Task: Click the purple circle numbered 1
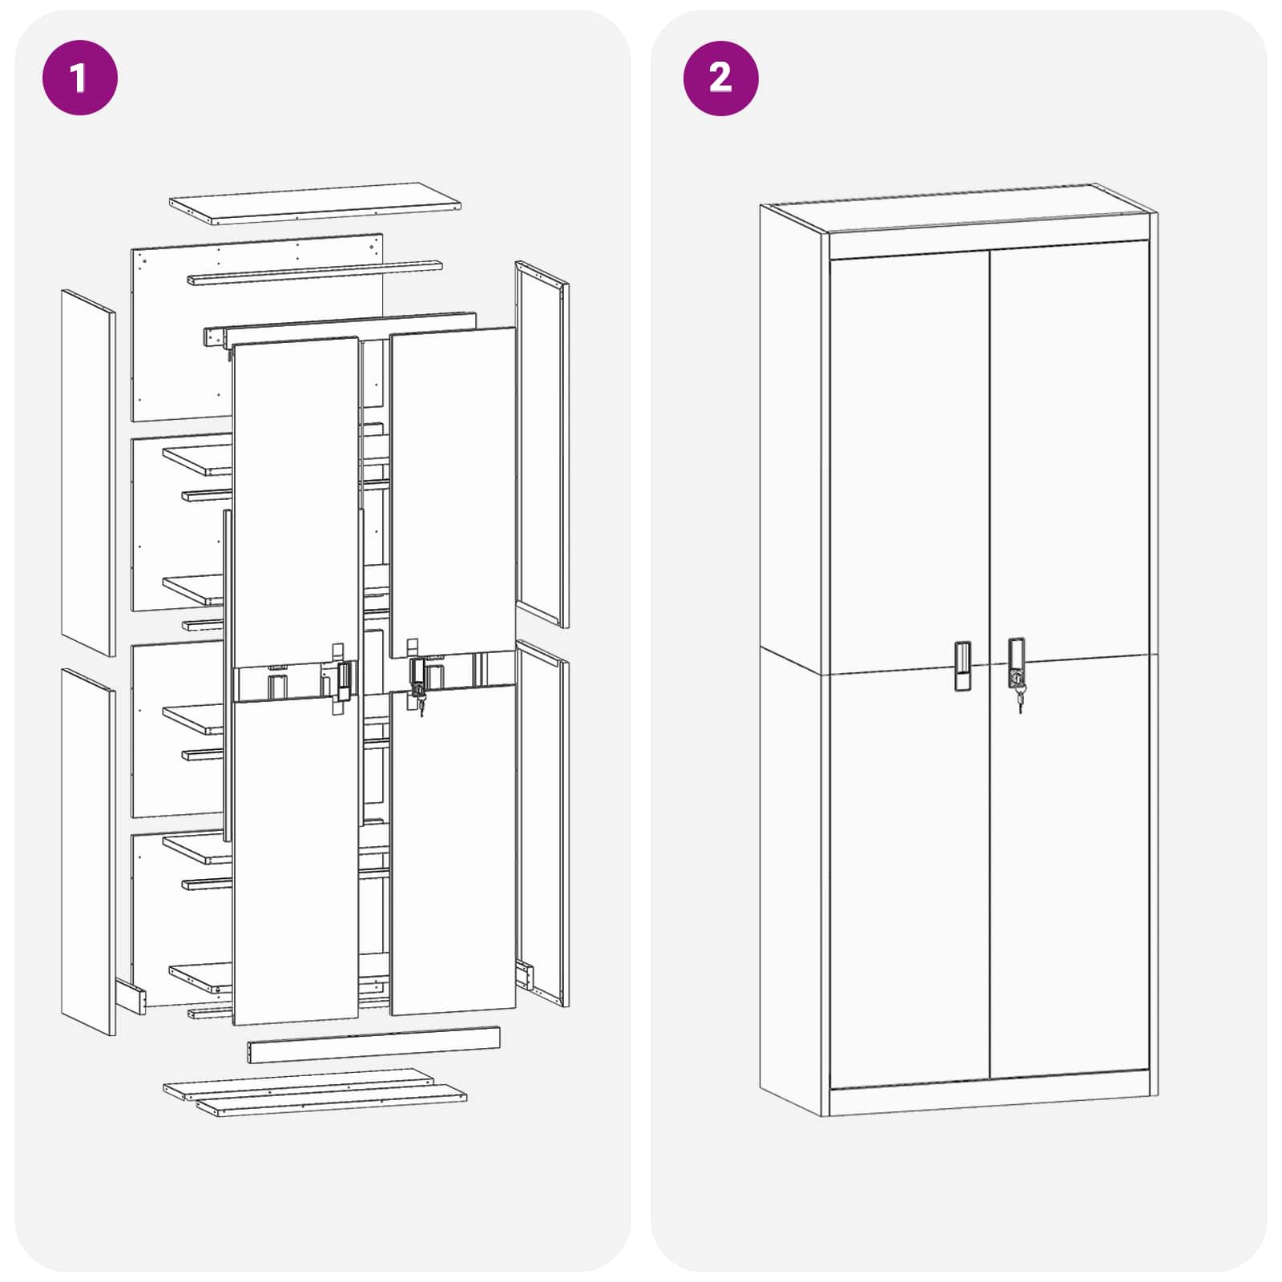coord(79,78)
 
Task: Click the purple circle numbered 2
coord(720,78)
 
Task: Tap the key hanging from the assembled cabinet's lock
coord(1020,702)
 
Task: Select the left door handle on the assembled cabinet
coord(962,665)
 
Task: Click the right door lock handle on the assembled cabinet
coord(1016,661)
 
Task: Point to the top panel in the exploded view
coord(314,202)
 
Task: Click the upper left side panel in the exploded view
coord(88,473)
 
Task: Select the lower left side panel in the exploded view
coord(88,851)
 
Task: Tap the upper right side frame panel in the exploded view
coord(542,445)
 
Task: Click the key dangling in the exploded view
coord(421,704)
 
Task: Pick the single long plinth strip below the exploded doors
coord(373,1046)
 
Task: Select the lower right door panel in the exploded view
coord(454,849)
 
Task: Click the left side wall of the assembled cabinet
coord(792,657)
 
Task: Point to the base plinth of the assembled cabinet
coord(990,1101)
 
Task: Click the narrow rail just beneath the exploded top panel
coord(314,272)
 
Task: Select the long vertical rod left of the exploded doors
coord(228,673)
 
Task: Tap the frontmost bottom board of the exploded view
coord(332,1103)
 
